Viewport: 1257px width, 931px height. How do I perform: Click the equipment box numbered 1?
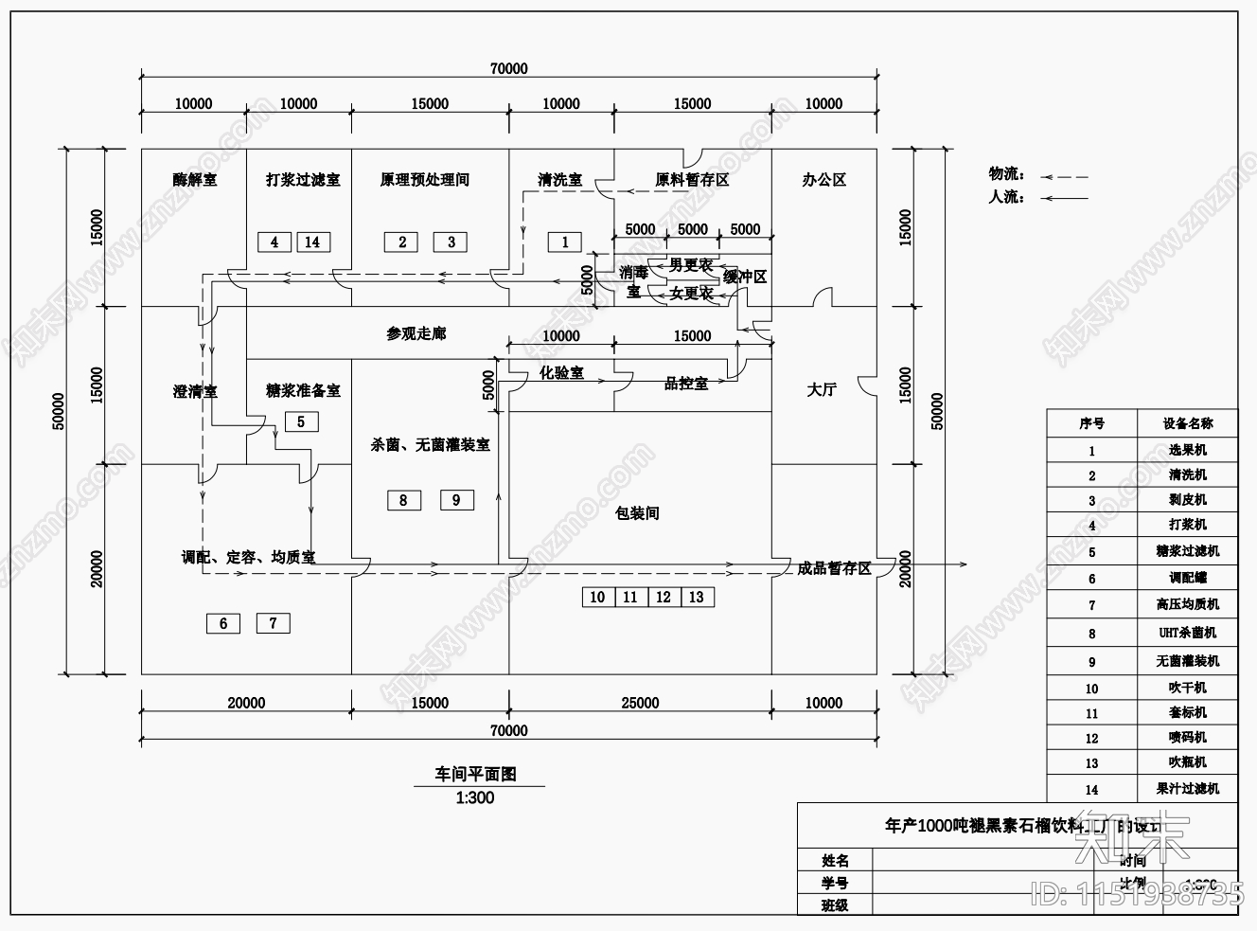(x=565, y=242)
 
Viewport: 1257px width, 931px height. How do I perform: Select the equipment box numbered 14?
(x=312, y=242)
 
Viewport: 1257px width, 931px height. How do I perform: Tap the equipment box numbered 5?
(x=301, y=421)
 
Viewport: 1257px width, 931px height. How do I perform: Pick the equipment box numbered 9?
(x=456, y=499)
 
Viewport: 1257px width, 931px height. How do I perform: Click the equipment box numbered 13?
(x=697, y=597)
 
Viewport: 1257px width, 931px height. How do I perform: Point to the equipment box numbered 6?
(x=223, y=622)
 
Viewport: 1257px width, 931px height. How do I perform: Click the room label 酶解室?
(x=194, y=179)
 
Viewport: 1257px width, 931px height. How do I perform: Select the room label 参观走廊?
(x=416, y=333)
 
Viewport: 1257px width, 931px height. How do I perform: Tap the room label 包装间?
(x=637, y=513)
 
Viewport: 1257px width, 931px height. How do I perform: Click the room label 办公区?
(x=823, y=179)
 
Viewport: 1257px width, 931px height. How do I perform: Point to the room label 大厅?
(x=822, y=389)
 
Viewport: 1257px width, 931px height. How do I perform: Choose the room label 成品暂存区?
(x=833, y=568)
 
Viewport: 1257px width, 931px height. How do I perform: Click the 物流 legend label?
(x=1006, y=174)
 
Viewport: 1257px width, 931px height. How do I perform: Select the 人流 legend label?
(x=1006, y=197)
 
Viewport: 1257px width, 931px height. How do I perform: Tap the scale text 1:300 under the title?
(x=475, y=797)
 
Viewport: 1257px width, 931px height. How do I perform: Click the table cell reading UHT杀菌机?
(x=1187, y=633)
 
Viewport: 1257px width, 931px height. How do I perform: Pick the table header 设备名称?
(x=1187, y=423)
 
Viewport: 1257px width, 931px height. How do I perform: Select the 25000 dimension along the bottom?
(x=640, y=703)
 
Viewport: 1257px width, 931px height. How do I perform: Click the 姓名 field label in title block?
(x=835, y=860)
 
